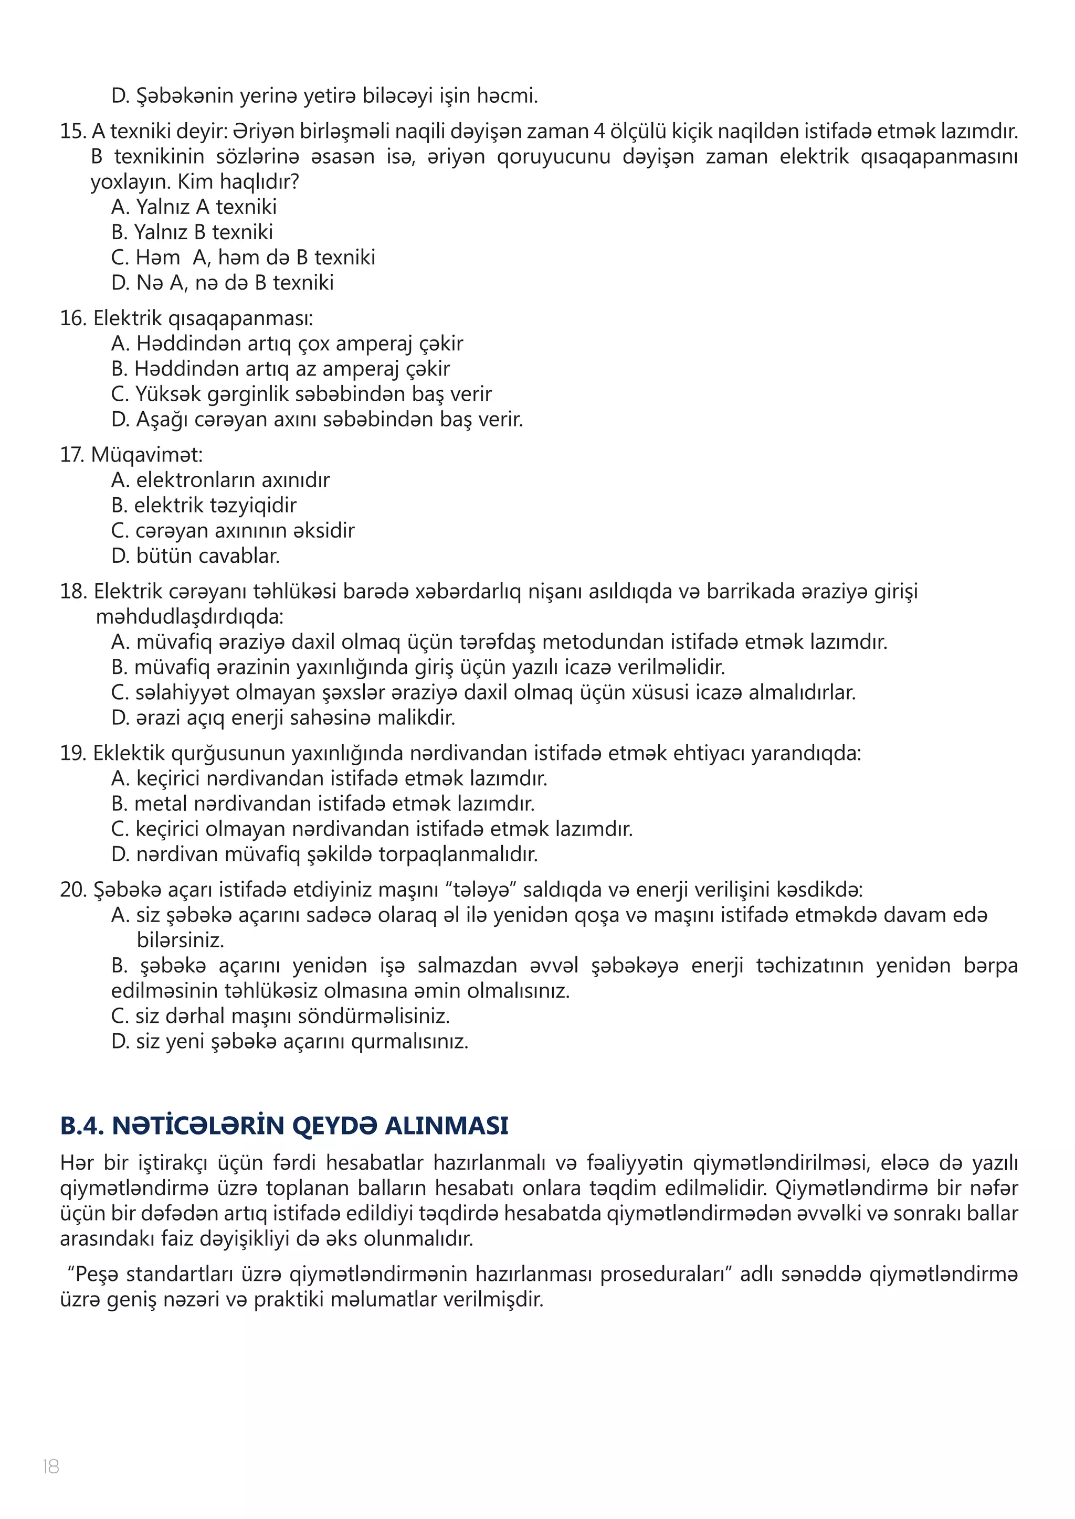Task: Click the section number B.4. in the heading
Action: [x=81, y=1126]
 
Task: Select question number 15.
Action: [x=73, y=131]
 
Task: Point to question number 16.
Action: [x=73, y=318]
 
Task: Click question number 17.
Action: [x=71, y=455]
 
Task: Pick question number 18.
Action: [x=73, y=591]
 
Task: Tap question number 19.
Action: [x=73, y=753]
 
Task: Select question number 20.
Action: [x=73, y=889]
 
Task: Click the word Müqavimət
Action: [x=147, y=455]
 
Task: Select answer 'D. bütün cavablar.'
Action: [x=196, y=556]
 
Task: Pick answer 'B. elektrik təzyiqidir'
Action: [x=204, y=506]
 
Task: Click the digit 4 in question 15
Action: [x=598, y=131]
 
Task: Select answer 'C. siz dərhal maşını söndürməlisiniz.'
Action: [x=281, y=1015]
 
